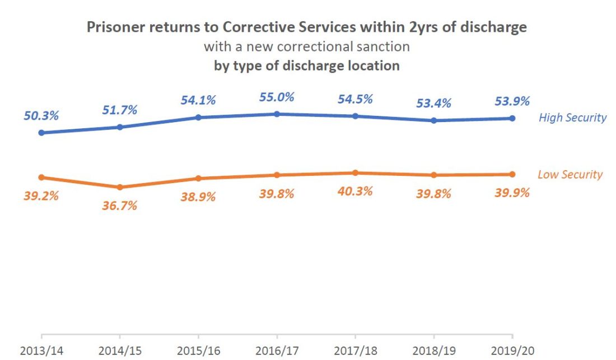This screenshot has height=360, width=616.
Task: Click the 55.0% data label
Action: pos(277,97)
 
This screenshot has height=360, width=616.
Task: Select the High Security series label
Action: pos(572,118)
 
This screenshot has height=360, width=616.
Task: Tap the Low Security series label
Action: pos(570,174)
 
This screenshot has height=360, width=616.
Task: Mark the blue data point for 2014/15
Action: pos(120,127)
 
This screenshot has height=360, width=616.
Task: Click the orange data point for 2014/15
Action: pos(120,187)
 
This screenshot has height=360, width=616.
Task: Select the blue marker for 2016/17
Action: pos(277,114)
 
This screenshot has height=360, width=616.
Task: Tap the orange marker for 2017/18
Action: pos(355,173)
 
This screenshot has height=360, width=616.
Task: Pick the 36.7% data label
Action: pos(120,205)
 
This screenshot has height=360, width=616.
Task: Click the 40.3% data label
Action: pos(355,191)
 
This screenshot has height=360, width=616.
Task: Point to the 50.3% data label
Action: pos(41,116)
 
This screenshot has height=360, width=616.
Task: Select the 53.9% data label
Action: pos(512,101)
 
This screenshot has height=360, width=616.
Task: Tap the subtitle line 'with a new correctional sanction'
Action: pos(306,46)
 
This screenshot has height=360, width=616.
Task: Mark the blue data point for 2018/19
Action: pos(433,120)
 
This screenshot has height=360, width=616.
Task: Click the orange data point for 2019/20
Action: pos(512,174)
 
